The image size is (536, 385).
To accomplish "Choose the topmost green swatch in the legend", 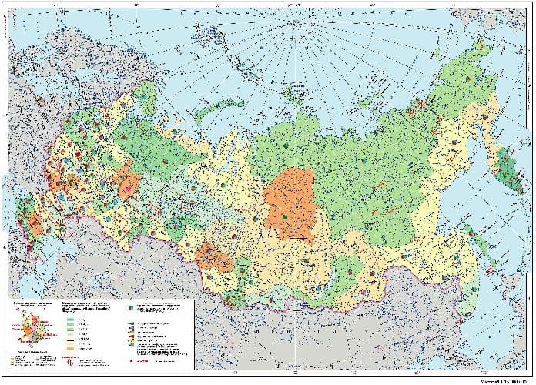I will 71,320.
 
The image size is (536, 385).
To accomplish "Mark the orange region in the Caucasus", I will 35,223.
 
